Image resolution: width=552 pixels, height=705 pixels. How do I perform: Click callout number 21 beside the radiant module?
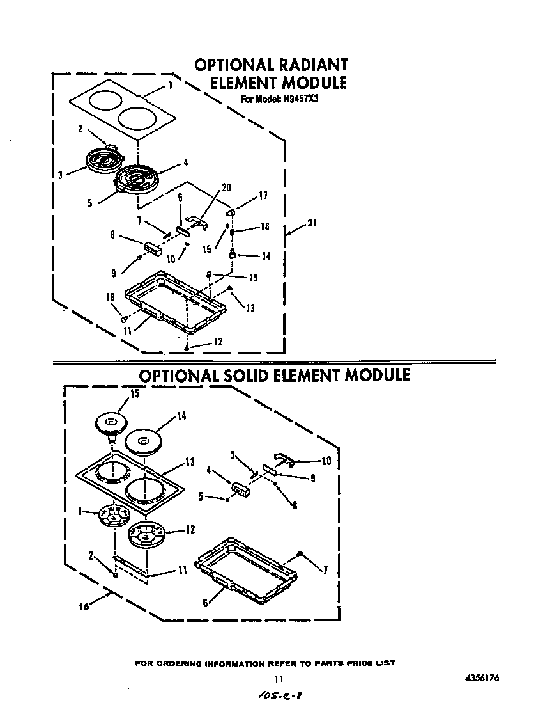tap(311, 223)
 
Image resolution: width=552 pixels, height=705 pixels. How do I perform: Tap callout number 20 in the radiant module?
tap(226, 187)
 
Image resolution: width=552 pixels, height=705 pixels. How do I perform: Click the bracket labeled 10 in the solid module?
tap(283, 458)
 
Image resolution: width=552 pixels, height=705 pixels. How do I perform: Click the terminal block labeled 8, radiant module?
tap(153, 248)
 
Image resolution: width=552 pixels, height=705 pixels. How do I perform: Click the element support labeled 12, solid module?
tap(146, 534)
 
